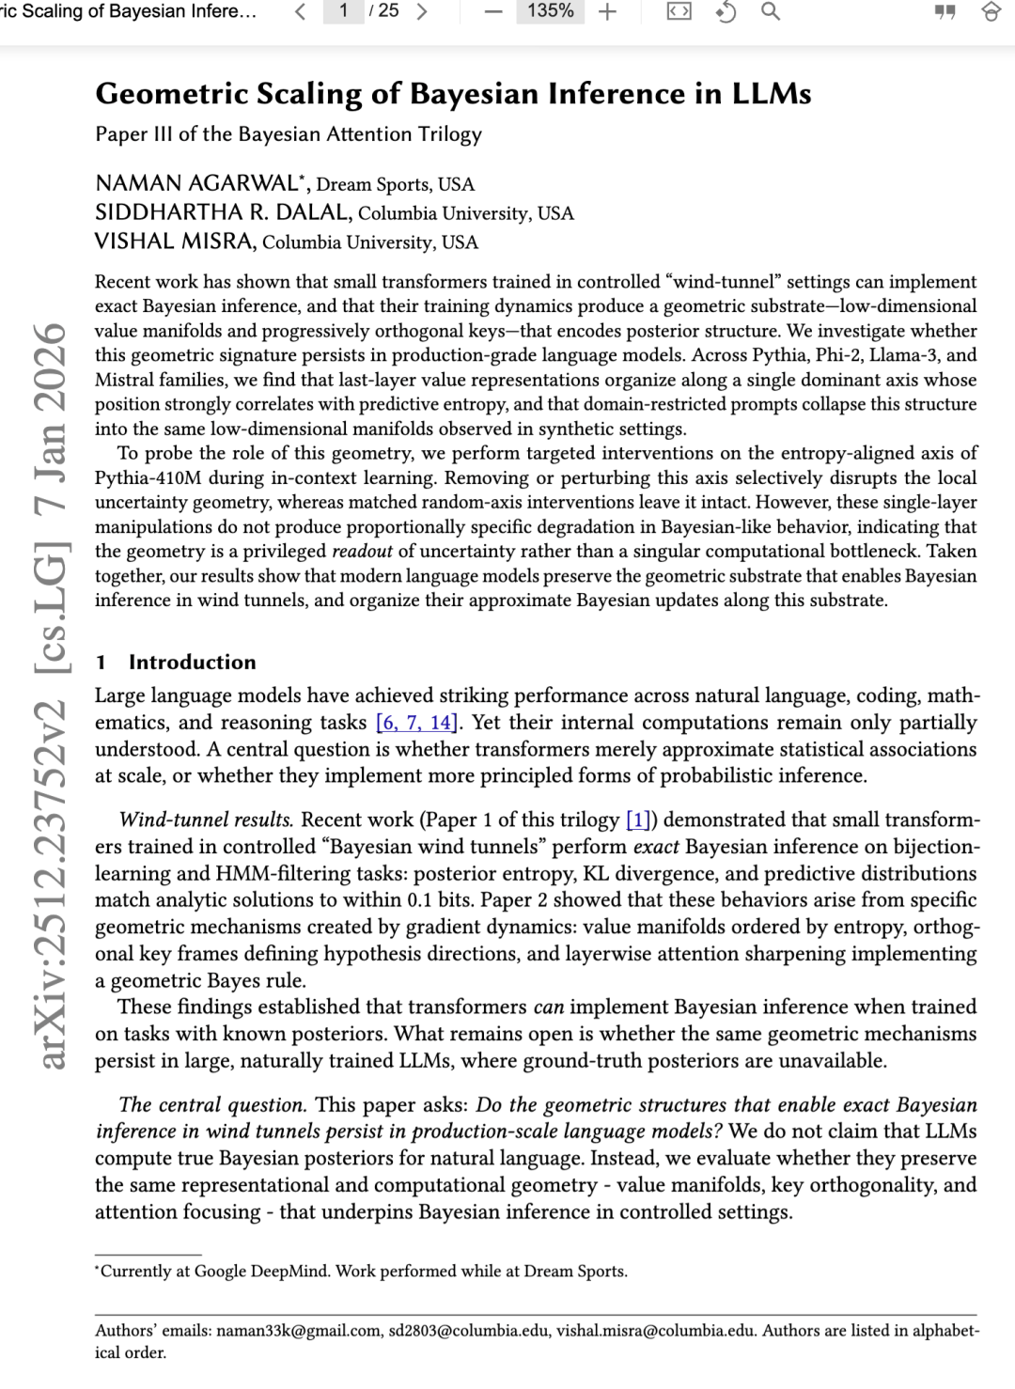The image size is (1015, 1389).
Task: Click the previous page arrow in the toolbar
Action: pos(300,11)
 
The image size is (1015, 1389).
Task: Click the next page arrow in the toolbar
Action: pos(422,11)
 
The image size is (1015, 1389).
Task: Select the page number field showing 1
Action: pos(344,11)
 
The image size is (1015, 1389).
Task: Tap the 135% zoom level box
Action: pos(550,11)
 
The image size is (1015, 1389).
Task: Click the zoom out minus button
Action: pos(493,11)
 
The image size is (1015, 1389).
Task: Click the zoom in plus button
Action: pos(608,11)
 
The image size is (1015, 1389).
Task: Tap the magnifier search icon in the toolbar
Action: pos(771,11)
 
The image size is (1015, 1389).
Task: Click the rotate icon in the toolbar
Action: pos(726,12)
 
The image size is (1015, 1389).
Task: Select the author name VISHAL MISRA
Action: pos(175,242)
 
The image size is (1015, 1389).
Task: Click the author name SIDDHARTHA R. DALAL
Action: pos(224,212)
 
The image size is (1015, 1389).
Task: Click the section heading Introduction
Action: pos(192,663)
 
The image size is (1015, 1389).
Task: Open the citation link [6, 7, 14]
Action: pos(416,723)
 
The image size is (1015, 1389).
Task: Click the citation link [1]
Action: pos(638,820)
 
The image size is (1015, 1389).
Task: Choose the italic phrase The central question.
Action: pos(212,1105)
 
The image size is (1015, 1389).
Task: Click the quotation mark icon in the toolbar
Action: pos(945,12)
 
